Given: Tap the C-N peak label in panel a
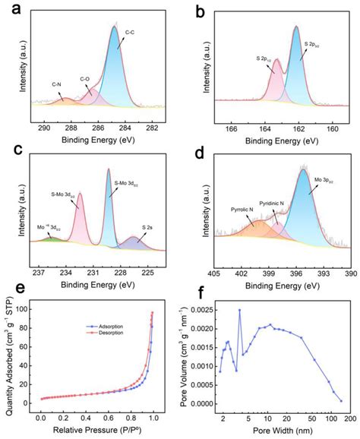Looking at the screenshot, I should click(57, 84).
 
